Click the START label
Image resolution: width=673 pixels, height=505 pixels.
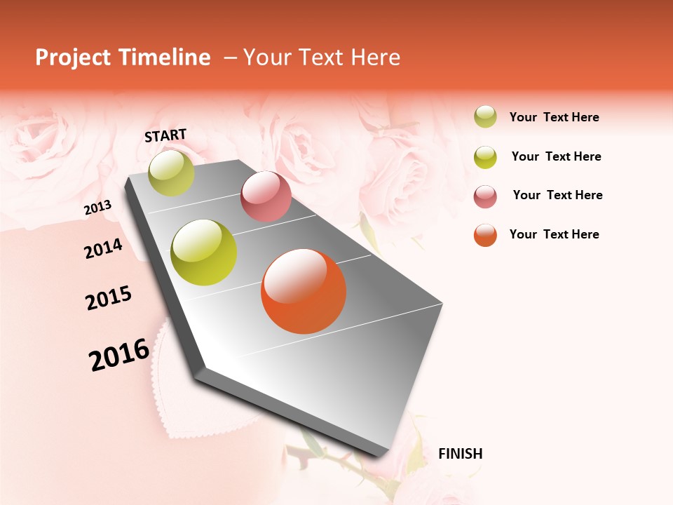click(x=165, y=135)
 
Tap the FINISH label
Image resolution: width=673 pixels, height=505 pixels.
click(x=460, y=454)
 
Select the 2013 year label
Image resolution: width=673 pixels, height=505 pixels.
click(x=98, y=207)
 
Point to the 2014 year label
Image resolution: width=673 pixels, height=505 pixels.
click(x=103, y=248)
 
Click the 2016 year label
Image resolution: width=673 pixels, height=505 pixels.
click(x=119, y=354)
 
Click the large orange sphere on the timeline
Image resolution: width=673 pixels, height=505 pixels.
click(x=304, y=291)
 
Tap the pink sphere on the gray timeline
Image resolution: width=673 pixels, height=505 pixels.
click(x=266, y=196)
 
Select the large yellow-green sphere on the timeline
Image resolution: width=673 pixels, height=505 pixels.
click(x=204, y=252)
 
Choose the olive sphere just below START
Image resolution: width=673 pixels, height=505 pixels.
click(x=171, y=173)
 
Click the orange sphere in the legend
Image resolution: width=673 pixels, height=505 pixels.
click(x=485, y=235)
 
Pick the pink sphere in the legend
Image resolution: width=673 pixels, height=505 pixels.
click(x=485, y=196)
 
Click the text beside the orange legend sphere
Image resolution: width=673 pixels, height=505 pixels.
click(x=554, y=234)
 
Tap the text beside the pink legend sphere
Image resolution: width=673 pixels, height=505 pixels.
click(x=557, y=195)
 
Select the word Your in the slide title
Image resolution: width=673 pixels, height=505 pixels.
click(x=267, y=58)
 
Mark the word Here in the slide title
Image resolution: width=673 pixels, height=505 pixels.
click(x=375, y=58)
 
